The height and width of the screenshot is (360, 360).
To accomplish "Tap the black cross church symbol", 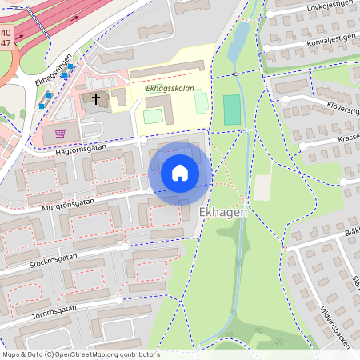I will (x=97, y=99).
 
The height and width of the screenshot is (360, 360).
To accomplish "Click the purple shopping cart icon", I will (x=59, y=133).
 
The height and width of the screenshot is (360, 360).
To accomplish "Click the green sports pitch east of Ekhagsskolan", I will (x=232, y=110).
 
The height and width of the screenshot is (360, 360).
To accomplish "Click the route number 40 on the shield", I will (x=6, y=34).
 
